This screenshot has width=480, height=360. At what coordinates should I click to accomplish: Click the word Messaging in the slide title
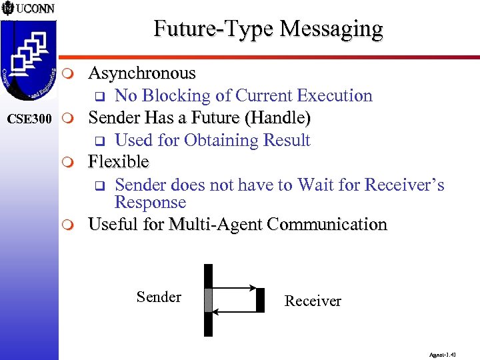(x=331, y=29)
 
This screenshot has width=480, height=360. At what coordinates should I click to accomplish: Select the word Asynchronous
(x=142, y=73)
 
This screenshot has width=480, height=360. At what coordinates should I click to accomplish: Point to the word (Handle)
(x=278, y=118)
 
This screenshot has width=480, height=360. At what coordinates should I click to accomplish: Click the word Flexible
(x=119, y=162)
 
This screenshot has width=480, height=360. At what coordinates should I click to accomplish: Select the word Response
(x=150, y=203)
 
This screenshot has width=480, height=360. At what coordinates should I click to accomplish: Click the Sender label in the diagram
(x=159, y=297)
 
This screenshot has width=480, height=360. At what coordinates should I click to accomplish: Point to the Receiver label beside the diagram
(x=313, y=301)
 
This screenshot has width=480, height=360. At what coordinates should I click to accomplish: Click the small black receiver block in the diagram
(x=260, y=300)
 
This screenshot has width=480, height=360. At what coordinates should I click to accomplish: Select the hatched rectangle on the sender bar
(x=208, y=300)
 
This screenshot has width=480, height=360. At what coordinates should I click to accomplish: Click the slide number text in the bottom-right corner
(x=443, y=354)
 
